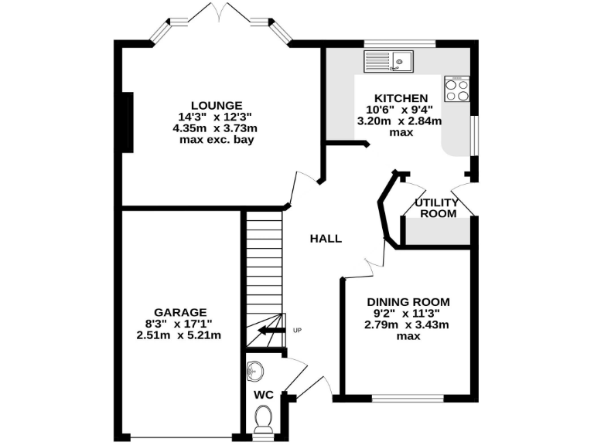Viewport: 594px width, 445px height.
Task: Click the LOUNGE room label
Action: (217, 105)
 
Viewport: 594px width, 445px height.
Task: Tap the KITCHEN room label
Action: (401, 98)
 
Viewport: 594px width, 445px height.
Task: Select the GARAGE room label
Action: (179, 312)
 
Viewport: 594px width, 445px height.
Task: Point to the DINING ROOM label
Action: (408, 302)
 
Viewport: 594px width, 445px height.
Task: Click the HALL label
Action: (326, 239)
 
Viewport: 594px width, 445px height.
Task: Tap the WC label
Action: (264, 394)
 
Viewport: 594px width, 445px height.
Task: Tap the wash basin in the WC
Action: (254, 371)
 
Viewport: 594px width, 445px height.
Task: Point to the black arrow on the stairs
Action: (270, 331)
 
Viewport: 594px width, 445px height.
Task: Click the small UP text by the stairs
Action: (297, 331)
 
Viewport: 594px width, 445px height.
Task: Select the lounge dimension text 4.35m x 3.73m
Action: (217, 128)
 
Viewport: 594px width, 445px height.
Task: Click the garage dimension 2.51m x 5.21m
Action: (179, 335)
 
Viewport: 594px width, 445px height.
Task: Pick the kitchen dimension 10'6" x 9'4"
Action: (401, 110)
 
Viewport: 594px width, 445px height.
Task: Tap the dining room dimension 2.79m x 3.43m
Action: (408, 324)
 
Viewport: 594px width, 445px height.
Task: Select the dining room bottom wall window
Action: (408, 399)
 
